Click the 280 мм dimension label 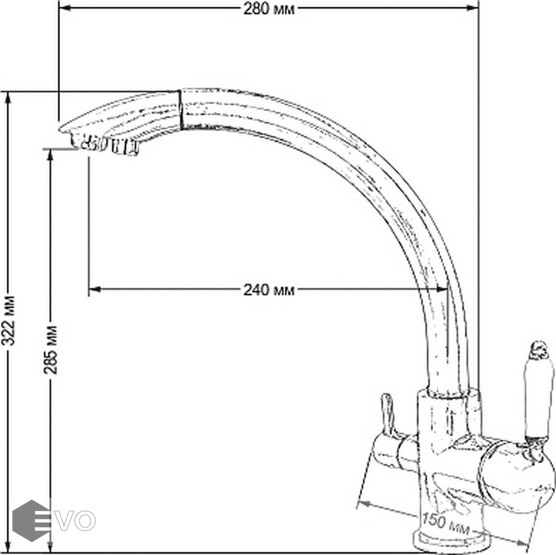tap(269, 9)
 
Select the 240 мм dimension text tap(269, 290)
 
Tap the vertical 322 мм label tap(8, 321)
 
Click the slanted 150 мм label tap(446, 524)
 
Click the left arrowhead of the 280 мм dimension tap(65, 8)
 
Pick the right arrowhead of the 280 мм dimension tap(472, 8)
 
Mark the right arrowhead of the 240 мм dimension tap(442, 289)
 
